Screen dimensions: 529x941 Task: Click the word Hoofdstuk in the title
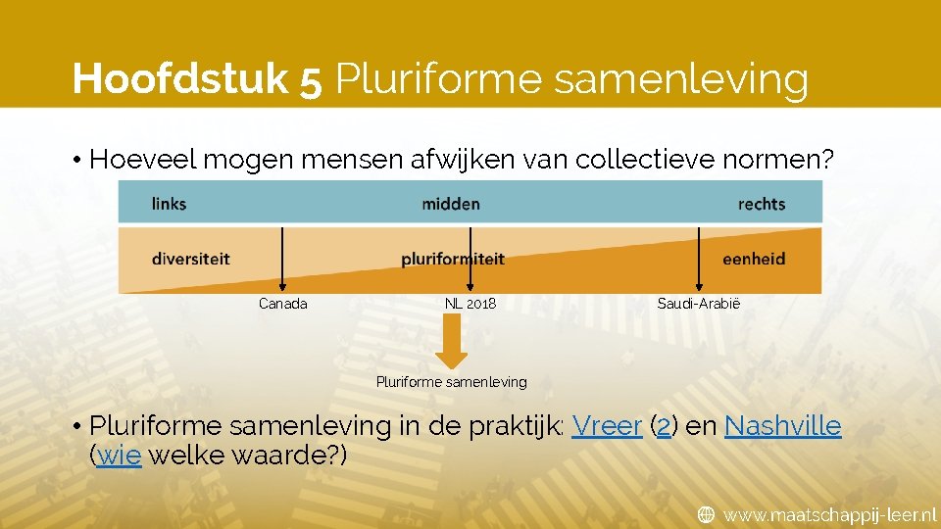pyautogui.click(x=181, y=78)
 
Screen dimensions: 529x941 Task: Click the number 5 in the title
pyautogui.click(x=313, y=79)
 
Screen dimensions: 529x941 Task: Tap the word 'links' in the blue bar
pyautogui.click(x=169, y=204)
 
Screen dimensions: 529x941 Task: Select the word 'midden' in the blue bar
pyautogui.click(x=451, y=204)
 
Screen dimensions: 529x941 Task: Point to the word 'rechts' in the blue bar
pyautogui.click(x=762, y=204)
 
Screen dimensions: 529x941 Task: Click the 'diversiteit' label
pyautogui.click(x=190, y=259)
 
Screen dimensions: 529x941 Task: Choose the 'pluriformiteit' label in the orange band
pyautogui.click(x=453, y=259)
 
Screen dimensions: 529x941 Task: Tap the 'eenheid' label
pyautogui.click(x=754, y=259)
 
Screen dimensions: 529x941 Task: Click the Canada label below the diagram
pyautogui.click(x=282, y=304)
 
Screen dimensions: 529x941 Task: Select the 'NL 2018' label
pyautogui.click(x=470, y=304)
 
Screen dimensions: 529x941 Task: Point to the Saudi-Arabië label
pyautogui.click(x=699, y=304)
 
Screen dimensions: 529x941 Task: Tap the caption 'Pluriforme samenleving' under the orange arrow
pyautogui.click(x=451, y=382)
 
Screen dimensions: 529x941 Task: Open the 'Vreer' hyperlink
pyautogui.click(x=607, y=426)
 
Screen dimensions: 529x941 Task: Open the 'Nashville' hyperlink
pyautogui.click(x=782, y=426)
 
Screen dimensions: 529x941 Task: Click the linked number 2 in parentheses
pyautogui.click(x=663, y=427)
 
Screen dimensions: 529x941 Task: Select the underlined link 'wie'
pyautogui.click(x=120, y=457)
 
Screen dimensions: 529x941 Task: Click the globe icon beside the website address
pyautogui.click(x=706, y=514)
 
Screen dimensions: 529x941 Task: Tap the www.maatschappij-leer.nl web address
pyautogui.click(x=829, y=514)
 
